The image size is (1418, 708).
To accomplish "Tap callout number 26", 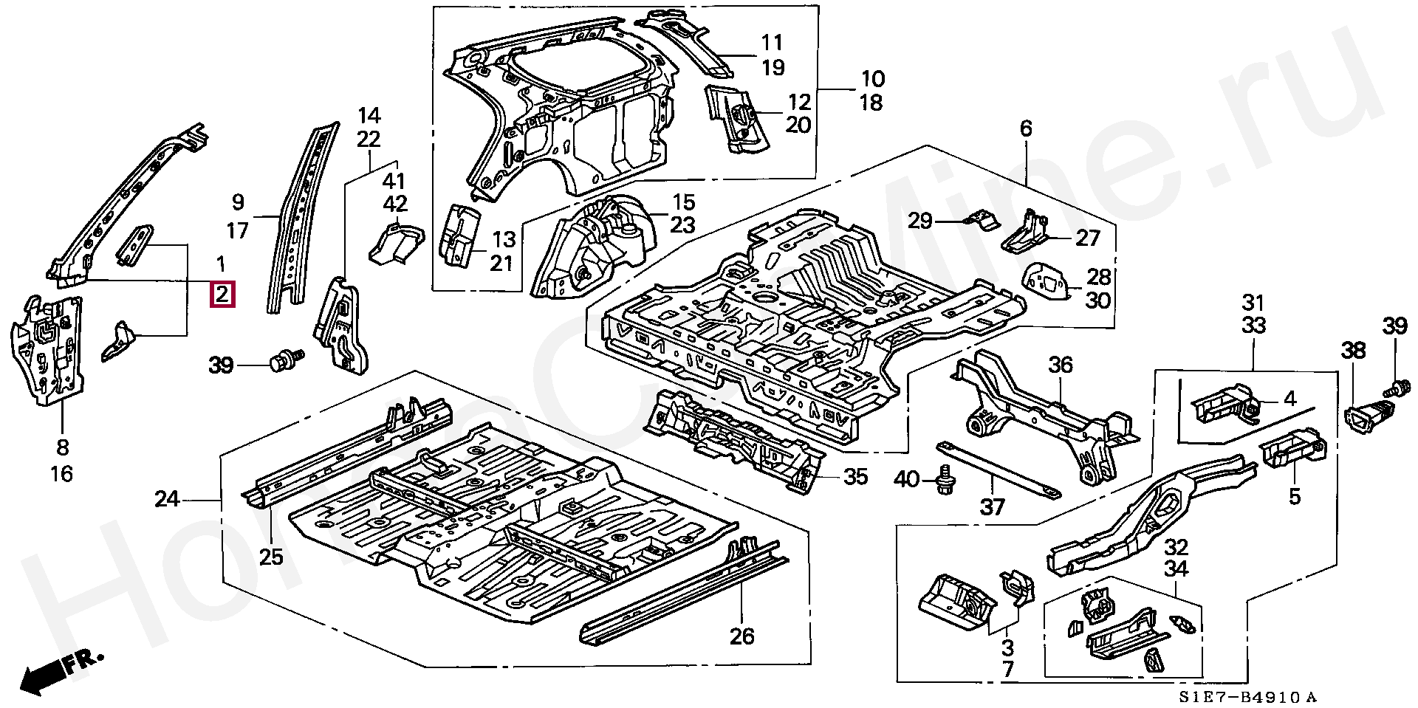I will [x=741, y=635].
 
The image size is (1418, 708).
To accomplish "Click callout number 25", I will [x=271, y=556].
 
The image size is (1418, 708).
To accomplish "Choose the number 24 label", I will [x=168, y=500].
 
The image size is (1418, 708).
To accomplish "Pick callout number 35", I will [x=854, y=477].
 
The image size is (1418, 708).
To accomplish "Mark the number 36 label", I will [x=1061, y=365].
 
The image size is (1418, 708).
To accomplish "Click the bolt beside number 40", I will [x=944, y=480].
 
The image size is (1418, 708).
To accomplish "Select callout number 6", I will [x=1026, y=128].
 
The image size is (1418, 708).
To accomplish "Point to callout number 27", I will [x=1088, y=238].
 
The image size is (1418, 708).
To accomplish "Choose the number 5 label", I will [x=1294, y=497].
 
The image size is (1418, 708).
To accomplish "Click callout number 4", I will [x=1289, y=399].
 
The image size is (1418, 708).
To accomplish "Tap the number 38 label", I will [x=1353, y=351].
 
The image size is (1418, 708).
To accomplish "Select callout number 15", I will [x=683, y=202].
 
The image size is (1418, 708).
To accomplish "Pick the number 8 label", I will [x=62, y=447].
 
